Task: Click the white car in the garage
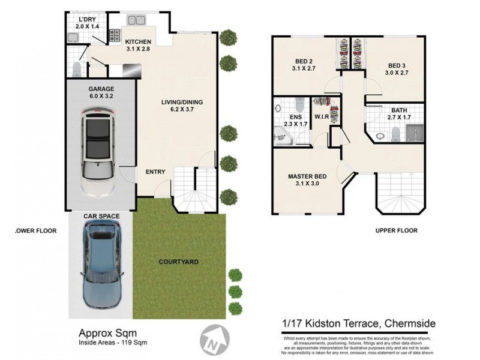click(x=98, y=152)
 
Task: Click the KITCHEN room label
click(x=137, y=41)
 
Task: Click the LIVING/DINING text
click(x=182, y=102)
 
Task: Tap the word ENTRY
click(x=155, y=172)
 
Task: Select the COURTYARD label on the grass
click(x=178, y=262)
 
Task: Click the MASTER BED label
click(x=307, y=176)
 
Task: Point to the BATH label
click(x=399, y=110)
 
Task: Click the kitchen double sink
click(x=136, y=20)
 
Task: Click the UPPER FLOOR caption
click(x=396, y=230)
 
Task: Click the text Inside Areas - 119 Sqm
click(x=113, y=343)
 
